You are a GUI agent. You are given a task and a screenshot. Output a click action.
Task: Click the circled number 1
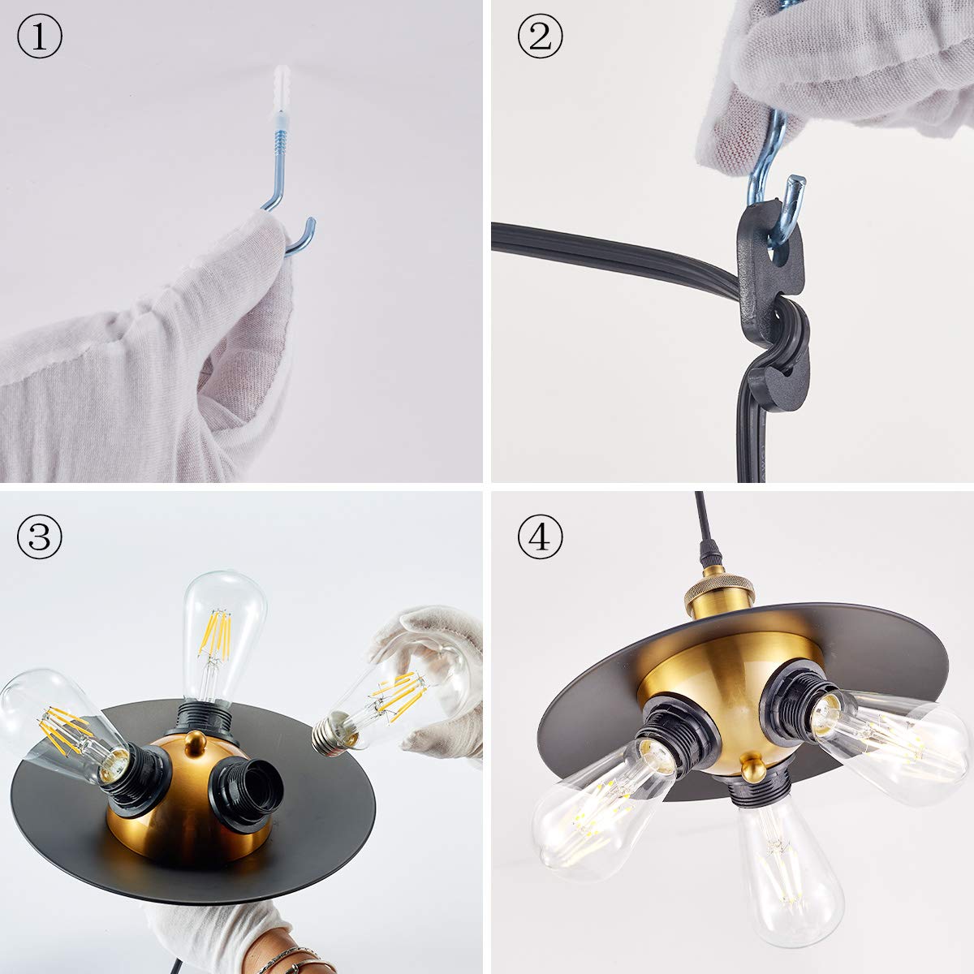40,36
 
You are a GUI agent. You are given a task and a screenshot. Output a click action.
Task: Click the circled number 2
540,36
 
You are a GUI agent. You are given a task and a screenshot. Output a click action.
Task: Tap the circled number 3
40,537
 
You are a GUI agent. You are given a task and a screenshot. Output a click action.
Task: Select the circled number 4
540,537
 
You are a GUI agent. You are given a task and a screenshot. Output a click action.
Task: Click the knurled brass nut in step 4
719,590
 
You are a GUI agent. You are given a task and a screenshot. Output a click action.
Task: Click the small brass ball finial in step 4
753,767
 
